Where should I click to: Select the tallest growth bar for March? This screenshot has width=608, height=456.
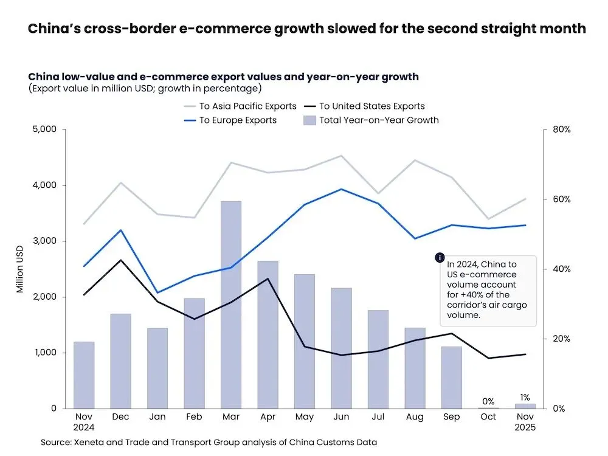pyautogui.click(x=231, y=304)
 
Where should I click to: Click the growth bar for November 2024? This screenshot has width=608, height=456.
pyautogui.click(x=84, y=375)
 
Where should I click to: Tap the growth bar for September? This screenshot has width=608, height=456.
pyautogui.click(x=452, y=377)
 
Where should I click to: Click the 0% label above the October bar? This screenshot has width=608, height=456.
pyautogui.click(x=488, y=401)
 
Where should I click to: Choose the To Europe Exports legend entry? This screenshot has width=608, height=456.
pyautogui.click(x=238, y=120)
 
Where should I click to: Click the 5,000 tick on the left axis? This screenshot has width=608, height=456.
pyautogui.click(x=43, y=130)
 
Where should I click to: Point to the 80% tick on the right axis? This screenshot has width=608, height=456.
pyautogui.click(x=561, y=130)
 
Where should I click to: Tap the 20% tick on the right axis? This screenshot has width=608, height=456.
pyautogui.click(x=561, y=339)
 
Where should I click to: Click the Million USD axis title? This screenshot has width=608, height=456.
pyautogui.click(x=20, y=269)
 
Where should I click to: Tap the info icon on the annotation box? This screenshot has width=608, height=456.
pyautogui.click(x=440, y=258)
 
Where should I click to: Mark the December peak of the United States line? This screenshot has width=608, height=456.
pyautogui.click(x=121, y=260)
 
